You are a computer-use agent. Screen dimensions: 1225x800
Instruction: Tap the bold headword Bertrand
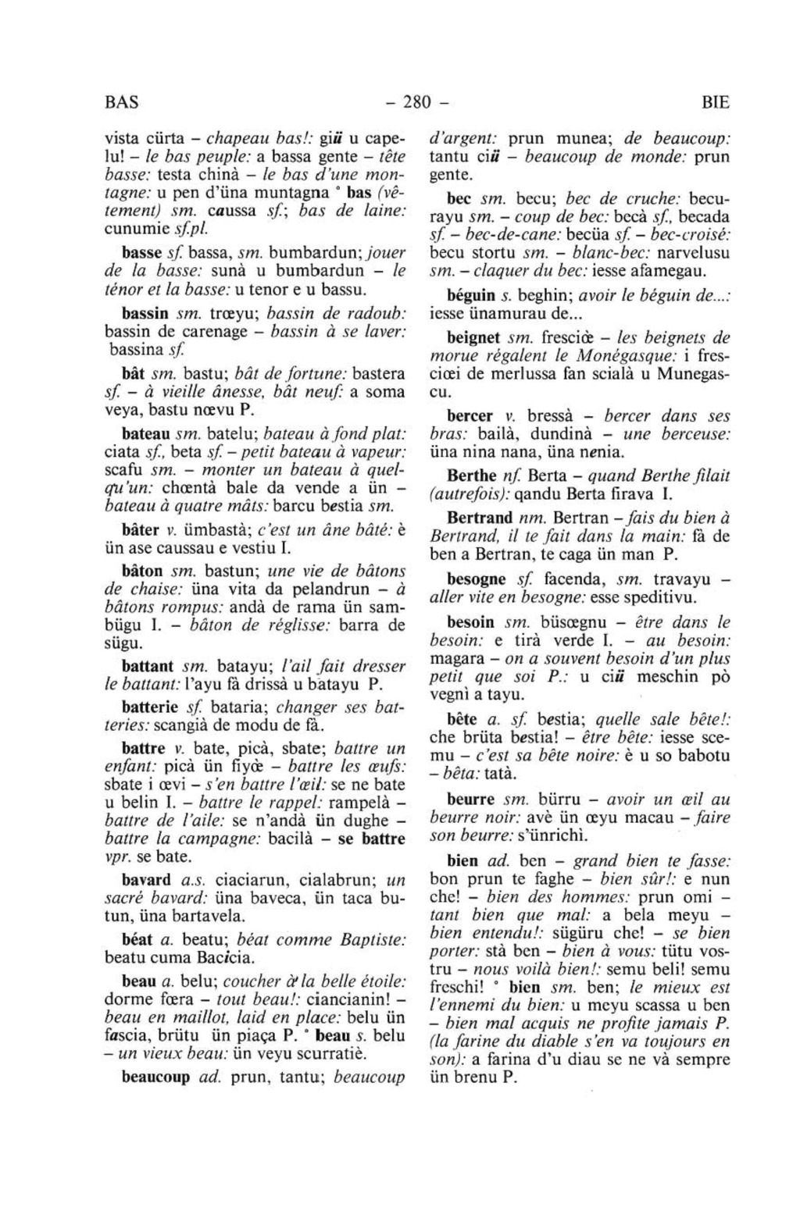[x=480, y=518]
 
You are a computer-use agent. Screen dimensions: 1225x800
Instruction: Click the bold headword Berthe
[x=472, y=475]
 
